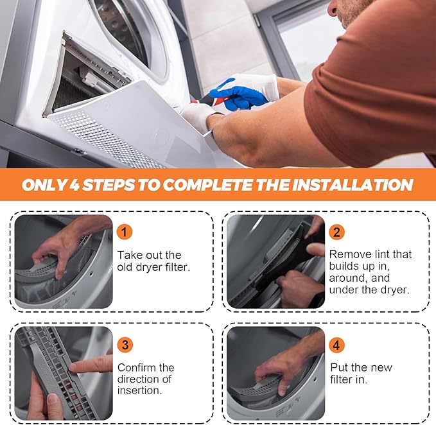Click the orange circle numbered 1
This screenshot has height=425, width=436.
coord(125,232)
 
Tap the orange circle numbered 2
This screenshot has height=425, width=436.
coord(336,232)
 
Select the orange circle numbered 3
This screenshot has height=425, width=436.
coord(125,345)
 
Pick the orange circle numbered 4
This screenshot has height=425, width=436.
coord(336,345)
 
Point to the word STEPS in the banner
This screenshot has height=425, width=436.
coord(109,185)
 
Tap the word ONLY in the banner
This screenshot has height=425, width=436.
coord(44,185)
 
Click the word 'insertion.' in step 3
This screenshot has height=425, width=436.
coord(139,390)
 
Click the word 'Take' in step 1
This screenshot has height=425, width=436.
coord(129,255)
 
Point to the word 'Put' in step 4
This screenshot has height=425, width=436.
coord(339,367)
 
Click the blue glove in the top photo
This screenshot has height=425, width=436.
coord(238,94)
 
